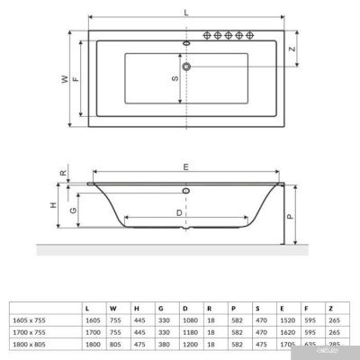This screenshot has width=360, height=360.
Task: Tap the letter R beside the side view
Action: (62, 174)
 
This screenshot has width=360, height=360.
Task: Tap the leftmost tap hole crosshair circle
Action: (216, 36)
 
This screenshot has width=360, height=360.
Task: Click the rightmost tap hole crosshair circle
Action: (264, 36)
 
